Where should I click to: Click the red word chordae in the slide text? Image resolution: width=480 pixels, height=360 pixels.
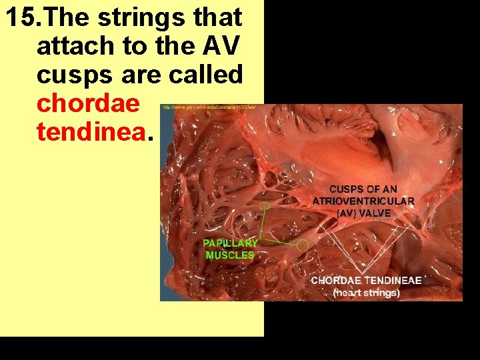pyautogui.click(x=89, y=103)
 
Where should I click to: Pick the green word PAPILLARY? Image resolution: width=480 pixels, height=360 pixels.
pyautogui.click(x=230, y=243)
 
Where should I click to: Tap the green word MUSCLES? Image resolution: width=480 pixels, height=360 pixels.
pyautogui.click(x=230, y=255)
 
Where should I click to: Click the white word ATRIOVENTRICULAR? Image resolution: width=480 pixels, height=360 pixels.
pyautogui.click(x=363, y=201)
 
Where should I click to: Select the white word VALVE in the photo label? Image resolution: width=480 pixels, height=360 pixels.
pyautogui.click(x=375, y=213)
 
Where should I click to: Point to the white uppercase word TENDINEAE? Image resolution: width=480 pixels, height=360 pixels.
pyautogui.click(x=395, y=281)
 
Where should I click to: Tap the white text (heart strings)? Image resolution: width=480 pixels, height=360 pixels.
pyautogui.click(x=366, y=293)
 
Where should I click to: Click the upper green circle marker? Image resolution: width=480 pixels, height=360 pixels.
pyautogui.click(x=265, y=207)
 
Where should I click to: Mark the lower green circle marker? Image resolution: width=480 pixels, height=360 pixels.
pyautogui.click(x=303, y=246)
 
